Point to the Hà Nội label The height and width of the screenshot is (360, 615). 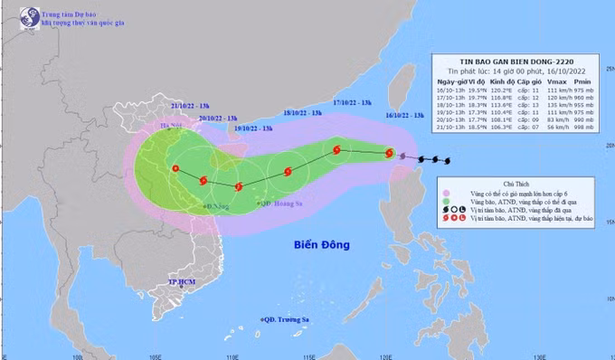coord(171,126)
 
